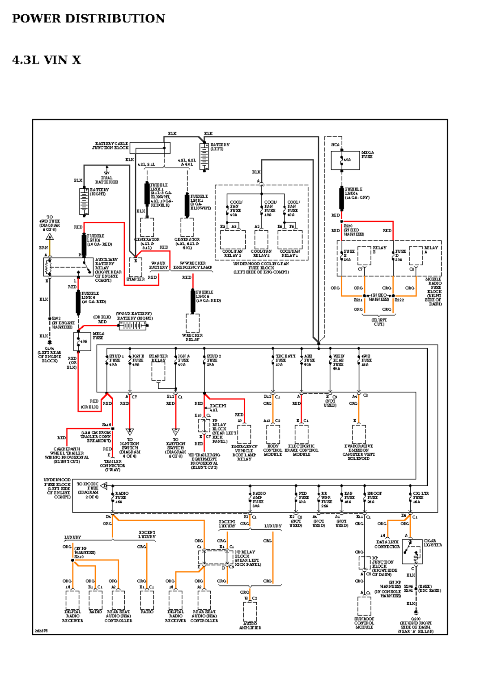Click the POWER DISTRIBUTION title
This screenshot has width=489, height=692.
[88, 18]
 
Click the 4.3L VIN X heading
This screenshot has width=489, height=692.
[46, 60]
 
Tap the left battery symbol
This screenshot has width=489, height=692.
[204, 156]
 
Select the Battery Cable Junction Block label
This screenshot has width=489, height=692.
[110, 146]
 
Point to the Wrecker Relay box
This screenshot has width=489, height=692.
[192, 323]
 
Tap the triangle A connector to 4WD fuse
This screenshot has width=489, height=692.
[50, 237]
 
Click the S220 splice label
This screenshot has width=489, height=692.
[348, 226]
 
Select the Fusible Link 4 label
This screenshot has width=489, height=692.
[357, 193]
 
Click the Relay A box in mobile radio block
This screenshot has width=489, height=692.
[416, 256]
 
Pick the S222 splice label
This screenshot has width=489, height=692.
[399, 300]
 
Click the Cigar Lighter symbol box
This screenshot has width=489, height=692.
[412, 551]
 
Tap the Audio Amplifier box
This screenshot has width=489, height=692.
[250, 611]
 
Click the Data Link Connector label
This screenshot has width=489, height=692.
[387, 544]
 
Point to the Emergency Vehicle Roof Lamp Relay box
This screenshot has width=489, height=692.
[244, 434]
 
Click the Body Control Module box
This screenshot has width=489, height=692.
[273, 434]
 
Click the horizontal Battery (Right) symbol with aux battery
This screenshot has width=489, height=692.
[132, 325]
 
